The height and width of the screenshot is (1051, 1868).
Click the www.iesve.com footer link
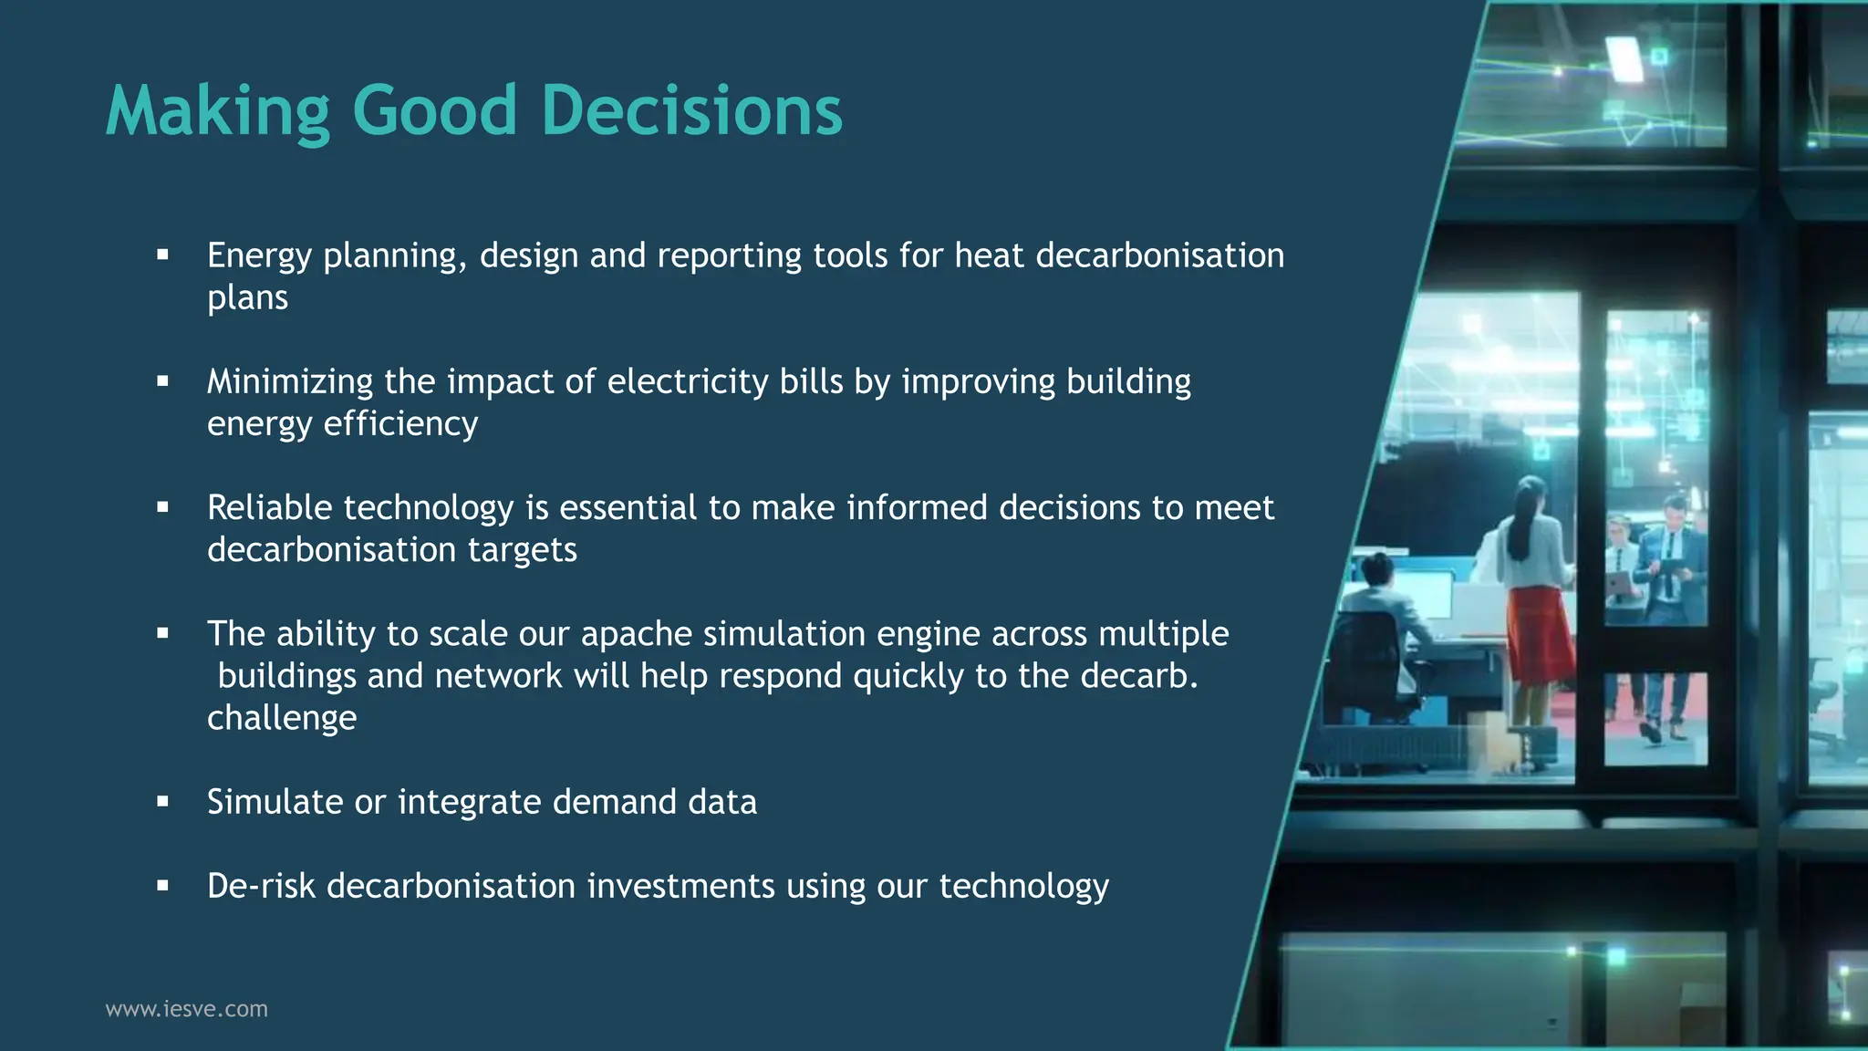(186, 1009)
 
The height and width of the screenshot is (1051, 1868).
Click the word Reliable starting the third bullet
(269, 507)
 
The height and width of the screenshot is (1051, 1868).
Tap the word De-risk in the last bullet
(260, 886)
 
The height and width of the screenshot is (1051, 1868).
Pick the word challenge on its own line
(281, 718)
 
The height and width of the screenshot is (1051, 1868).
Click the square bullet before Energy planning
(162, 255)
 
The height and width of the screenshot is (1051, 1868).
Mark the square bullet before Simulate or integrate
(162, 802)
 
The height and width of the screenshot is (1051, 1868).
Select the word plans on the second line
(247, 298)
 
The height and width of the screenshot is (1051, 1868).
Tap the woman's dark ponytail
(1521, 525)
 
